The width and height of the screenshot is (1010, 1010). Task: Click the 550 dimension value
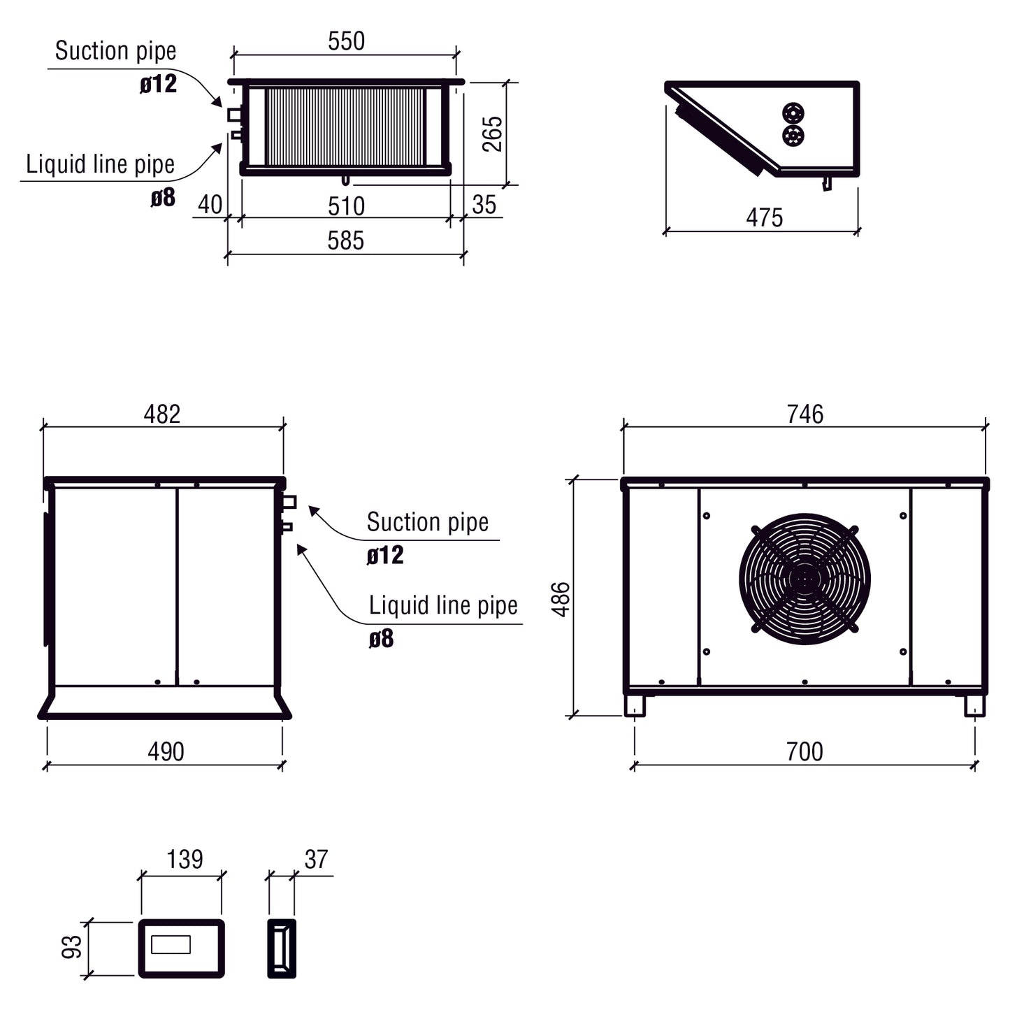click(x=346, y=41)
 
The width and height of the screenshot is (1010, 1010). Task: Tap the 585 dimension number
click(x=345, y=240)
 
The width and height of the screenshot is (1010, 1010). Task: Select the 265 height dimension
click(x=493, y=134)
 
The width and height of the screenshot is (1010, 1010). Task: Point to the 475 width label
click(x=764, y=218)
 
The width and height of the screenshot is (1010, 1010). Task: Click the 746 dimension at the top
click(x=805, y=414)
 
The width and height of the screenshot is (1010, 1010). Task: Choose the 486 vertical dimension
click(x=561, y=599)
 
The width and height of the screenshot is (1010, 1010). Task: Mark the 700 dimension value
click(x=805, y=752)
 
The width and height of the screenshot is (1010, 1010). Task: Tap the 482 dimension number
click(x=162, y=414)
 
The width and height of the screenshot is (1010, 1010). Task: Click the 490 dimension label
click(x=166, y=752)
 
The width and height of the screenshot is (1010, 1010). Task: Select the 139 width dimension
click(x=184, y=859)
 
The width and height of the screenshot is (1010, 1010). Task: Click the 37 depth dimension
click(x=316, y=859)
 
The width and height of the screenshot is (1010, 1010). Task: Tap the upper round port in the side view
click(x=793, y=113)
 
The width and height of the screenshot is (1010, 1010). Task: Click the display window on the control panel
click(x=171, y=944)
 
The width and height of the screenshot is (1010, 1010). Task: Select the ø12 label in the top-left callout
click(x=159, y=85)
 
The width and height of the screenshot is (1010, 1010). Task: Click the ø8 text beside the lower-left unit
click(x=381, y=638)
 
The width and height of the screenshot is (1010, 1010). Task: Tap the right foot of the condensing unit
click(x=974, y=705)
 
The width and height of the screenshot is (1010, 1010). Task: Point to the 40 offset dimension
click(x=210, y=205)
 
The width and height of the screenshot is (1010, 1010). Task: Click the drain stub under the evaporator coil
click(x=345, y=180)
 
